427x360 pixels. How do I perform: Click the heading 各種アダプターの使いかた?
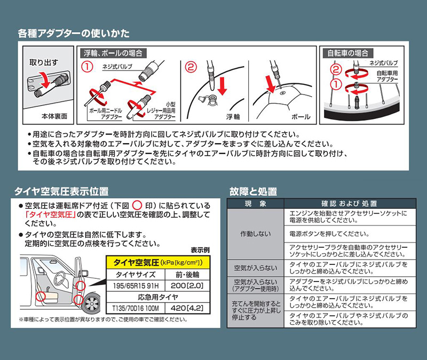74,34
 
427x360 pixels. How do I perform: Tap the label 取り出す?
44,62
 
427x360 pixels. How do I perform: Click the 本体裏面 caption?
54,116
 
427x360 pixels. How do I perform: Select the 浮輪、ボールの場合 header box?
113,53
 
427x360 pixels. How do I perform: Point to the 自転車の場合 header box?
348,53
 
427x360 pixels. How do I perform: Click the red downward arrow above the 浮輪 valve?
222,86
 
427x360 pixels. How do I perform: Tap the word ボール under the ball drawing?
301,117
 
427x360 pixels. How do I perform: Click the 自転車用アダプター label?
388,76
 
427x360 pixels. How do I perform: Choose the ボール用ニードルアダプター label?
106,114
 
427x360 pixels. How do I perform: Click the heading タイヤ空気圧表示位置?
61,191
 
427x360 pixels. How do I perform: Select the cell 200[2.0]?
187,286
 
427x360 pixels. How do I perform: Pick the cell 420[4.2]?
187,308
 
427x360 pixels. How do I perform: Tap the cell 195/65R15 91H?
136,286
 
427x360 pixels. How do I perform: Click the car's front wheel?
92,303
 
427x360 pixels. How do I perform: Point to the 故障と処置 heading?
253,192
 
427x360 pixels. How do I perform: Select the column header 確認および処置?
350,204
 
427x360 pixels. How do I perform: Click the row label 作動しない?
256,234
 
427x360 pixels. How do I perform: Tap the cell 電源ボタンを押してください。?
329,234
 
